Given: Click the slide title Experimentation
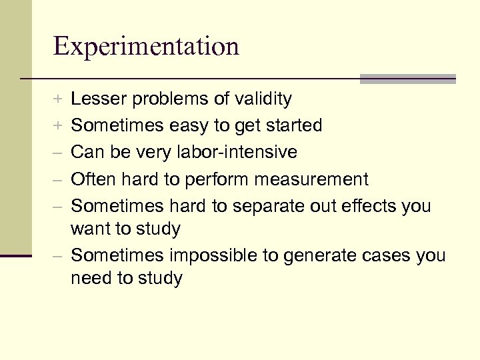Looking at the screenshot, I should click(x=146, y=46).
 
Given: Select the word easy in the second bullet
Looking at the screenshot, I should click(x=195, y=126).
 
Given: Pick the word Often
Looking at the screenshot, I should click(x=92, y=179).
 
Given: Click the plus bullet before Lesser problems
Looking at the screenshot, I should click(x=59, y=100).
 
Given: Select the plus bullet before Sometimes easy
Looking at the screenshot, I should click(x=59, y=126).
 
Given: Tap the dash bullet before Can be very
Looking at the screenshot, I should click(x=59, y=153).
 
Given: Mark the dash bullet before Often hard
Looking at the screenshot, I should click(x=59, y=179).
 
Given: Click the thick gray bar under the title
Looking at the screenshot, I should click(x=407, y=79).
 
